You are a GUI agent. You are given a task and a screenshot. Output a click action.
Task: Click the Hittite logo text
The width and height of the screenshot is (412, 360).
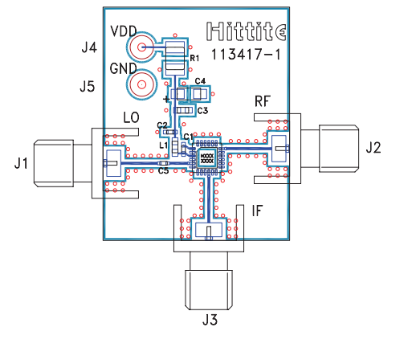point(246,31)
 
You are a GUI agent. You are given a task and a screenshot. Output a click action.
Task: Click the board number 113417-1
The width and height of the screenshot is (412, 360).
point(246,55)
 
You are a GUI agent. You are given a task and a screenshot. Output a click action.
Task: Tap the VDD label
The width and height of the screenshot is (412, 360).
point(124,31)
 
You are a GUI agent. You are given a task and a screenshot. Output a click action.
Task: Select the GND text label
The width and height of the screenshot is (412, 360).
point(123,68)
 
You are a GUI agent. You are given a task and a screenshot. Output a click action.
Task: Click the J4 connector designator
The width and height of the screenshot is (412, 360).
point(89,47)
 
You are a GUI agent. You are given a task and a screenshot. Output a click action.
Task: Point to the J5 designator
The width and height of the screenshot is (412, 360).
point(88,87)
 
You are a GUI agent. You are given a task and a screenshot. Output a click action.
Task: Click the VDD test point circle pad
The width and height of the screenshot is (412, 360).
point(141,47)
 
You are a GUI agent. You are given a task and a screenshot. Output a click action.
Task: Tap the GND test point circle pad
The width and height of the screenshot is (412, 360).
point(141,85)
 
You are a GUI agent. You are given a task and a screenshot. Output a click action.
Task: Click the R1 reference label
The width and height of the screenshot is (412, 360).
point(194,58)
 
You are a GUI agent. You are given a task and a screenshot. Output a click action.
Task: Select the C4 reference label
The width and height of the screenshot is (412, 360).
point(200,81)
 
